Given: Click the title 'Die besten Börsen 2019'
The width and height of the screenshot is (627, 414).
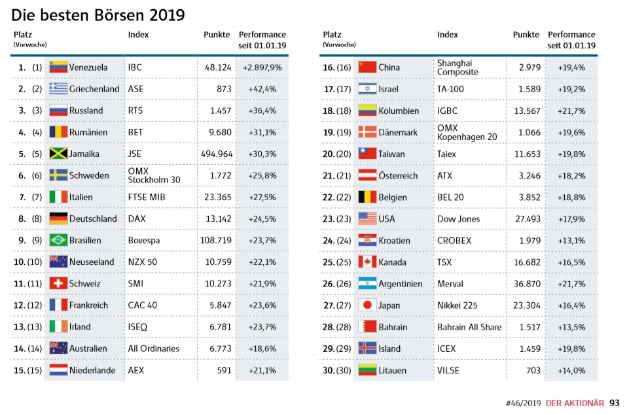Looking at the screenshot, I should pos(98,14).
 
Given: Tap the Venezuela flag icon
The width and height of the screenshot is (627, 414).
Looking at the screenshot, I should pos(59,67).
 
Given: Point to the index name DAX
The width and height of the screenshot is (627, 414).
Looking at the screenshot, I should pos(137,218).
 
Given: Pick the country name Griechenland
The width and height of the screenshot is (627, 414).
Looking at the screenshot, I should pos(94,89).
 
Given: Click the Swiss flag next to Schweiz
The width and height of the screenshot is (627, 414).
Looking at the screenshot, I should pos(59,283).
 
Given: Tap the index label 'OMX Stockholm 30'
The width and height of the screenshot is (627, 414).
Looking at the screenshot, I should pos(154,175).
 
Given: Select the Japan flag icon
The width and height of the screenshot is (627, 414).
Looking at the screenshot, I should pos(367,305).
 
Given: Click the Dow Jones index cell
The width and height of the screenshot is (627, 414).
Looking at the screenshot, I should pos(458,218).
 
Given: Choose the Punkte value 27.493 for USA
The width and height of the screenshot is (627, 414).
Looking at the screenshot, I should pos(527,218).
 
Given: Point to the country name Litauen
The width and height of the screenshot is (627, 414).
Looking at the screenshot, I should pos(392,370).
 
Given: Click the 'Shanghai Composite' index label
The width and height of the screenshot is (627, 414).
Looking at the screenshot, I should pos(457,67).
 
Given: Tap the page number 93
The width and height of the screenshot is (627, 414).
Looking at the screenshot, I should pos(614,403).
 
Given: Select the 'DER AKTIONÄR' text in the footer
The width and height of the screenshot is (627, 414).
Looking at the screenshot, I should pos(575,404).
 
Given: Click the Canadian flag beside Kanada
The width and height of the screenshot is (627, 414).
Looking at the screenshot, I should pos(367,262).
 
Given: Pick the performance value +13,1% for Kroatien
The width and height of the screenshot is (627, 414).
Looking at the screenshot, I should pos(571,240).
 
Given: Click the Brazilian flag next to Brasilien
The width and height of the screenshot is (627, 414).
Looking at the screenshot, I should pos(59,240).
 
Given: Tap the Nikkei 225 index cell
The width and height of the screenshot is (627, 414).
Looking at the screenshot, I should pos(457,305).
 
